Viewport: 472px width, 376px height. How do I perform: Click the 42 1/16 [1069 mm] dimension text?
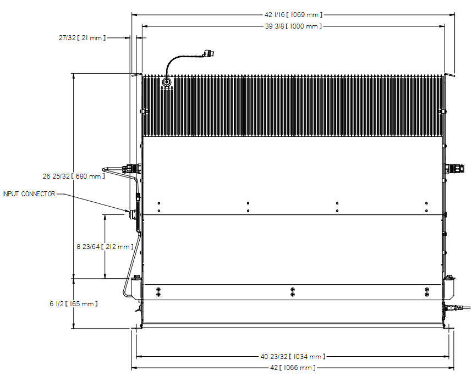click(x=293, y=15)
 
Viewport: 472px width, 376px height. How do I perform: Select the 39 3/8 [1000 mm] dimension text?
click(x=293, y=26)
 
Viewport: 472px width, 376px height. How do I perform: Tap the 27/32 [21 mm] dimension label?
click(x=82, y=38)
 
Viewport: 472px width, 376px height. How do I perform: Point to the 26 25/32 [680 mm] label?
click(x=74, y=176)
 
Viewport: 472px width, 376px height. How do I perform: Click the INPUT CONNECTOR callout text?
click(x=29, y=194)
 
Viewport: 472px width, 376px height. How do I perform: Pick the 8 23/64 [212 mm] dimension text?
click(x=105, y=247)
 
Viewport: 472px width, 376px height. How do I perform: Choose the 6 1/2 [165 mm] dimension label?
click(x=74, y=304)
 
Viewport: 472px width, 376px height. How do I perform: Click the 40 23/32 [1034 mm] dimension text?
click(x=293, y=357)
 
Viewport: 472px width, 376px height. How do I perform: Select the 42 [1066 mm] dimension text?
click(x=293, y=368)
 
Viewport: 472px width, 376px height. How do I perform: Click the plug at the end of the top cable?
click(x=209, y=54)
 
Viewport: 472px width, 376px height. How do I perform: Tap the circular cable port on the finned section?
click(x=166, y=81)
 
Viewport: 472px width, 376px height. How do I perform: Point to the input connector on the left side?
click(x=133, y=214)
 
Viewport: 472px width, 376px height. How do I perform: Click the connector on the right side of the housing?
click(x=455, y=168)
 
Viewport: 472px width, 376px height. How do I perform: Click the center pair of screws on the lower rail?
click(x=293, y=292)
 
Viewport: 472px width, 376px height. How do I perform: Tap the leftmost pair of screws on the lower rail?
click(x=158, y=292)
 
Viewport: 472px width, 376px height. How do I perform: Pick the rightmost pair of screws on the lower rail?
click(x=427, y=292)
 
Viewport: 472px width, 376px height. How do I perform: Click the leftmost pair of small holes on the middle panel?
click(x=158, y=207)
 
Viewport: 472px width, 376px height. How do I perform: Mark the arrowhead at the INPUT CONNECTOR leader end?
click(x=128, y=211)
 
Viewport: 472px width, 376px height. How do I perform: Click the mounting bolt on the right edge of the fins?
click(x=442, y=112)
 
